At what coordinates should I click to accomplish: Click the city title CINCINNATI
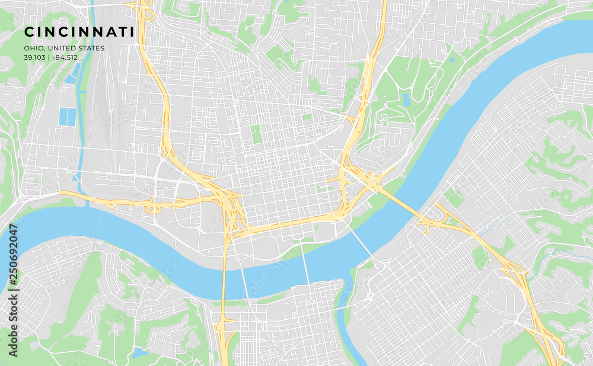pos(79,31)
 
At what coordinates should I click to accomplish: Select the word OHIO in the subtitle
pos(34,49)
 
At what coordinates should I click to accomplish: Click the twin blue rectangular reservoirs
pos(67,117)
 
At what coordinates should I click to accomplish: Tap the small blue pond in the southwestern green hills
pos(140,352)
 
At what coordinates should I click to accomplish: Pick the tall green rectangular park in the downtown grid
pos(256,134)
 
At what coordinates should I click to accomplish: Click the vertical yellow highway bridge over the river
pos(224,272)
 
